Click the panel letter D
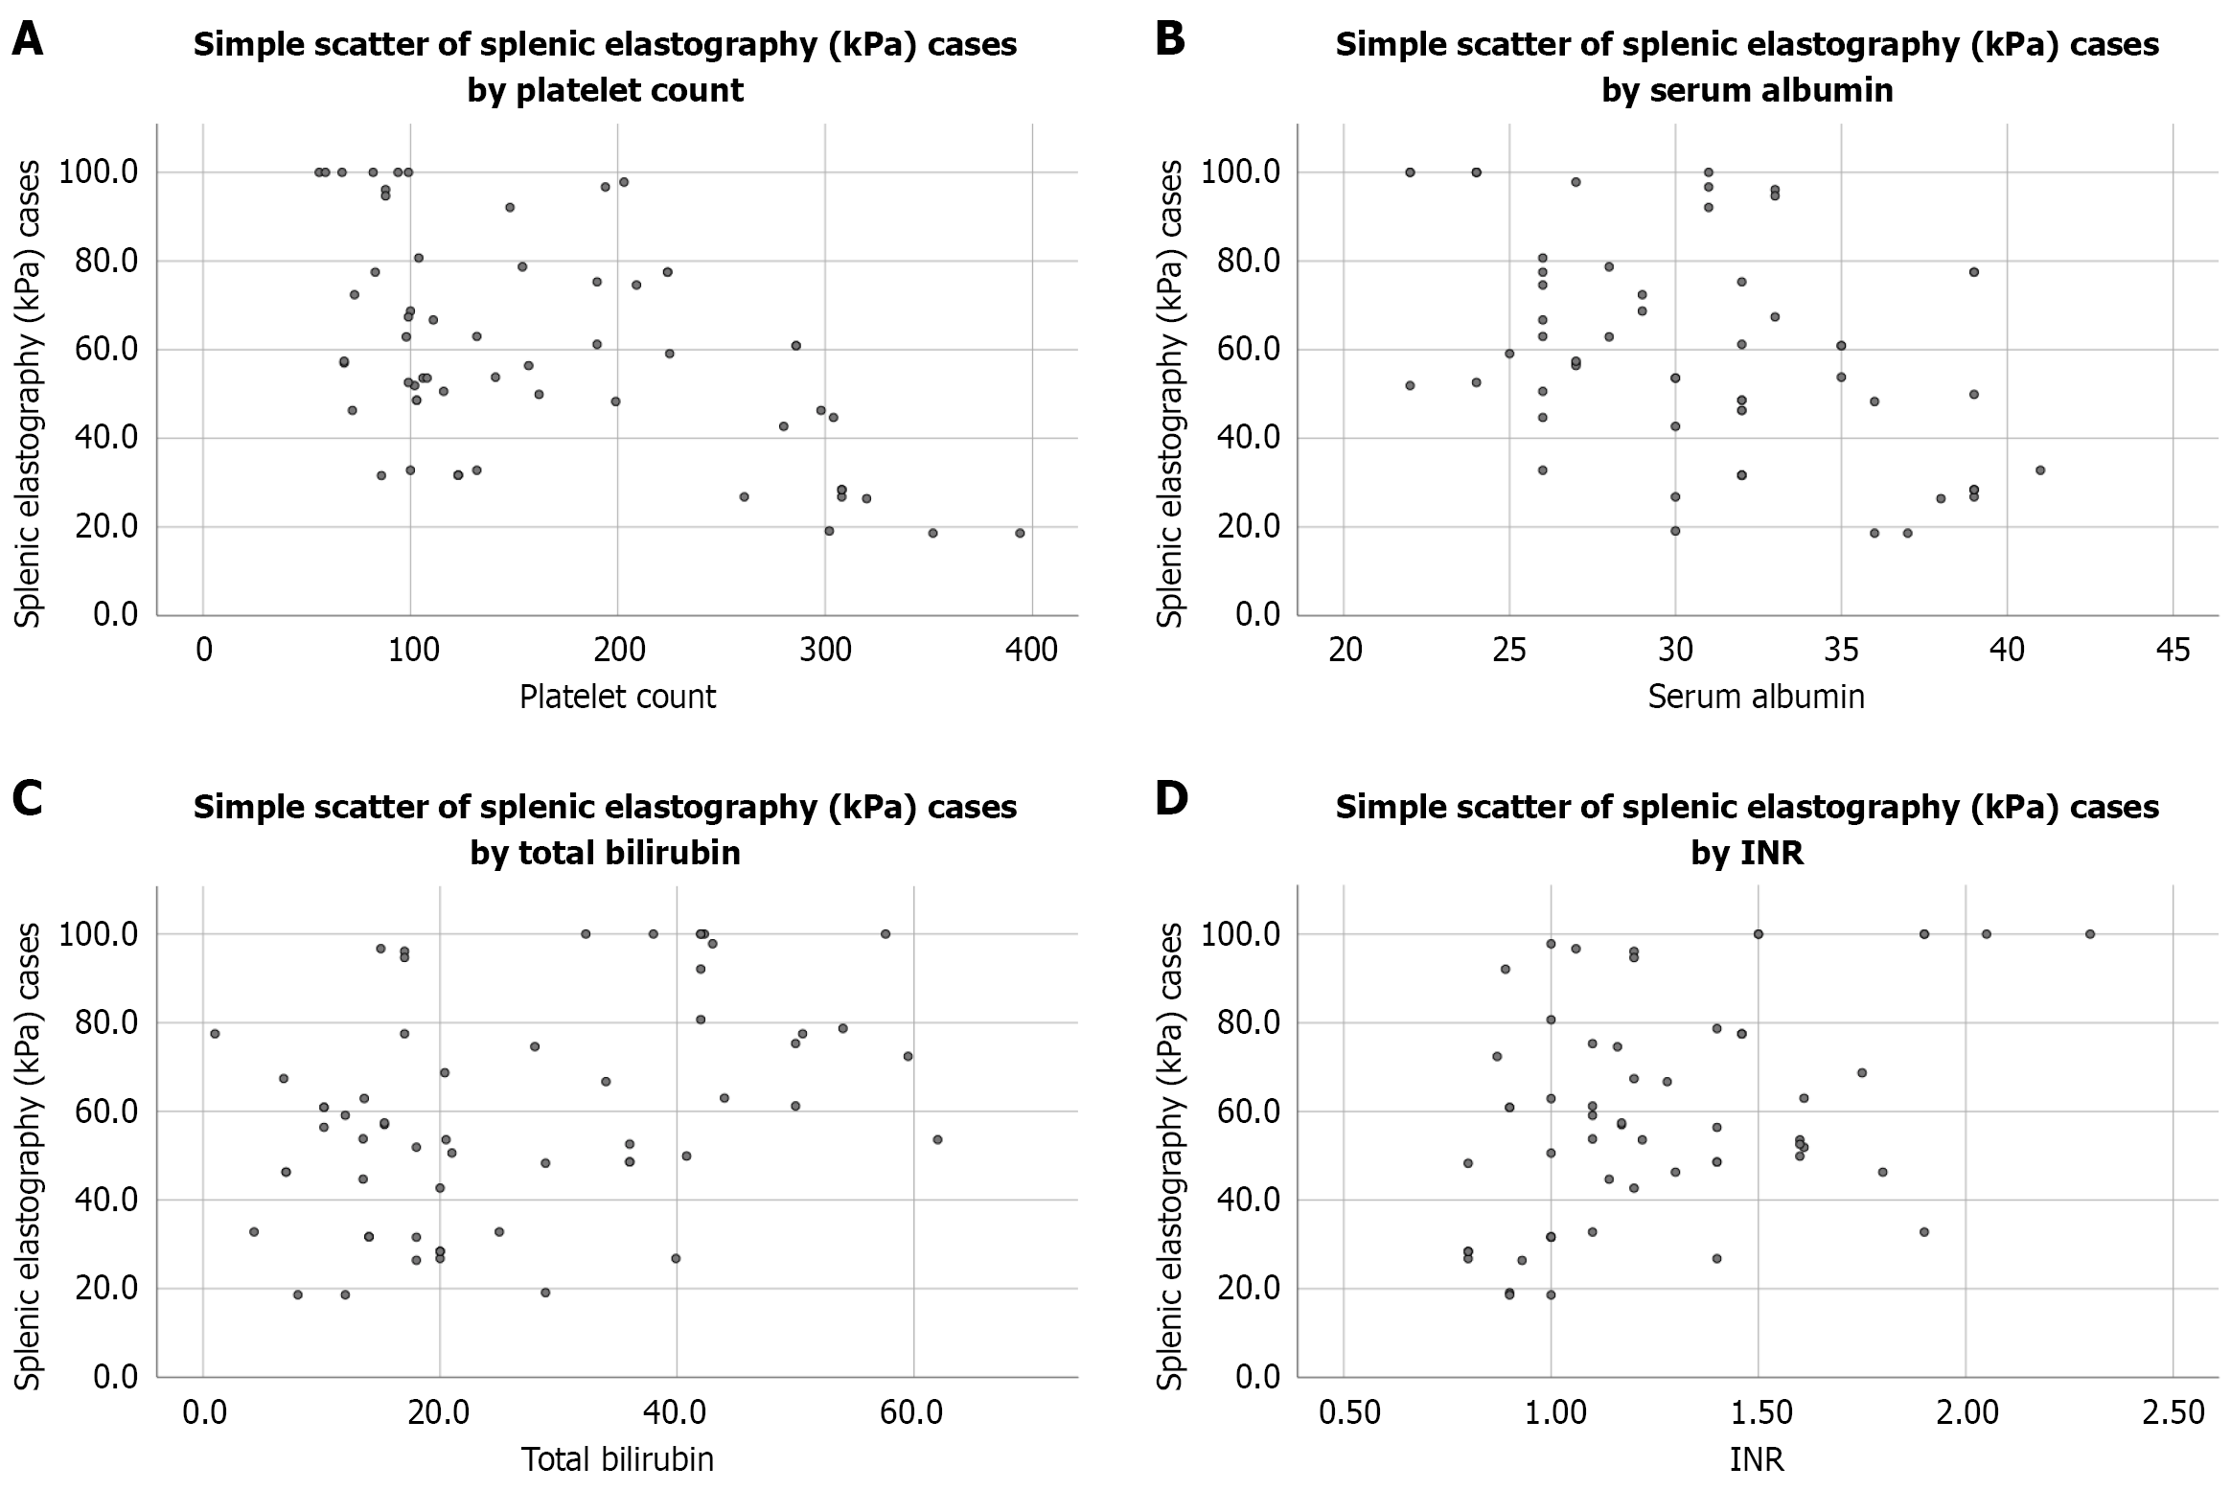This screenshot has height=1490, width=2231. click(1171, 798)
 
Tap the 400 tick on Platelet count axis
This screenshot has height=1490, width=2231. click(1032, 651)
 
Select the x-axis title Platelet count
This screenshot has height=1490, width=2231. click(617, 697)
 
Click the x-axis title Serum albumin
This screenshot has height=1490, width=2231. click(1756, 697)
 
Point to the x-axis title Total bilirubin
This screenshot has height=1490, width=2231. click(617, 1459)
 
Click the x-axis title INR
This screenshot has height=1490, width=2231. click(1756, 1459)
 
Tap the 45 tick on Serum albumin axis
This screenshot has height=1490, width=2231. click(2172, 651)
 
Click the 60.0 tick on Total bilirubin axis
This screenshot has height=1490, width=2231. click(912, 1412)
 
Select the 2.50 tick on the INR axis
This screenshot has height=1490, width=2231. click(2173, 1412)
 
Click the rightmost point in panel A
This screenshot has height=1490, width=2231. click(1020, 533)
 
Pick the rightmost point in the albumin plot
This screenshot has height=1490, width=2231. click(2040, 470)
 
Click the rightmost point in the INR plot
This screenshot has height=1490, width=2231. click(2090, 933)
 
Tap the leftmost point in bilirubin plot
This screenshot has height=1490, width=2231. click(215, 1033)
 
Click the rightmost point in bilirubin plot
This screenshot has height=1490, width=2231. click(937, 1139)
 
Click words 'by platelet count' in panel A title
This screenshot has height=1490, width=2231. click(605, 90)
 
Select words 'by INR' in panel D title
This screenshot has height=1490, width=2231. click(1746, 853)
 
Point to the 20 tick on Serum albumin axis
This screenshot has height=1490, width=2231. click(1345, 651)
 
